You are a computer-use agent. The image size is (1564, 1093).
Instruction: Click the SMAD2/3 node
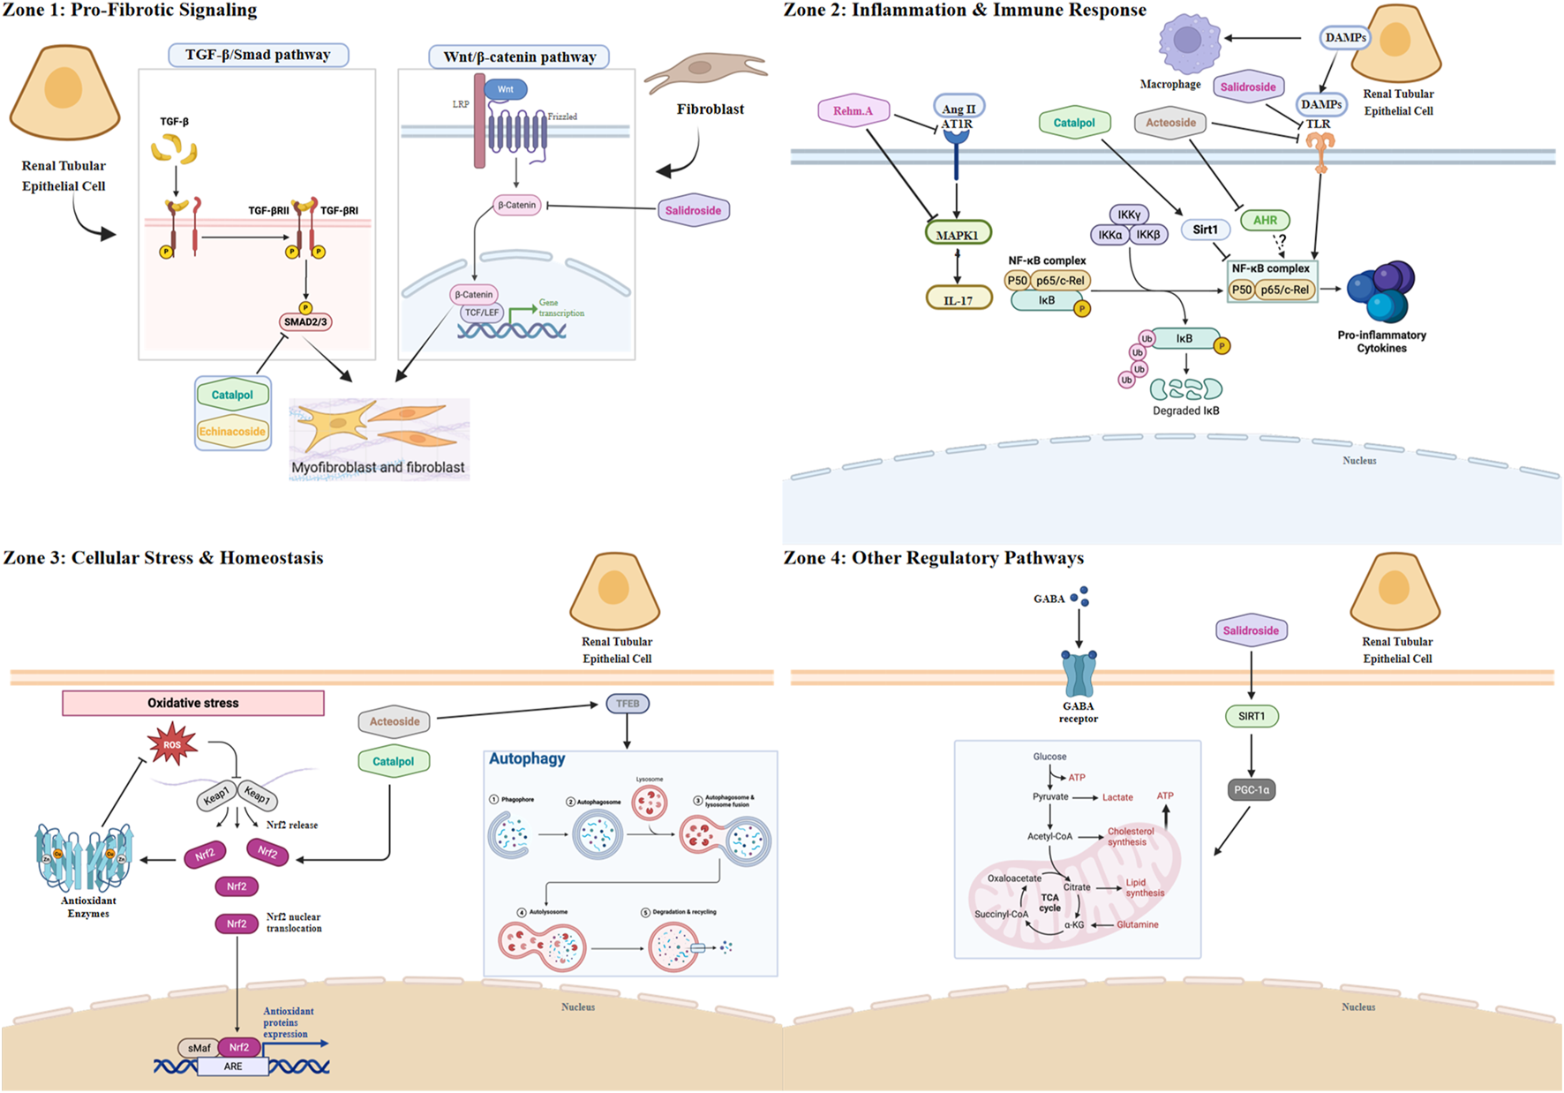tap(305, 322)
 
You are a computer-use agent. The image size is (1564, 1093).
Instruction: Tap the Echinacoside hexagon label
tap(232, 432)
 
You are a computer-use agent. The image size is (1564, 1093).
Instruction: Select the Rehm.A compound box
tap(853, 111)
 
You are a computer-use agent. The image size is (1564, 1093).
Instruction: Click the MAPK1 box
tap(958, 235)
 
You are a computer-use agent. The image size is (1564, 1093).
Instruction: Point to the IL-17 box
tap(959, 300)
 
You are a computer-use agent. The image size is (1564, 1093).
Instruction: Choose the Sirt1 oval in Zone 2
tap(1205, 230)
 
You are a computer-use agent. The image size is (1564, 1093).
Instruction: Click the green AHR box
tap(1265, 221)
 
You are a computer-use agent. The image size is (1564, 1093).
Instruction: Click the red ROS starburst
tap(172, 744)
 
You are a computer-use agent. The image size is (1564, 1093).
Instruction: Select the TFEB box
tap(628, 704)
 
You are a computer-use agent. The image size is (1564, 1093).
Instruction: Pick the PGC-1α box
tap(1251, 790)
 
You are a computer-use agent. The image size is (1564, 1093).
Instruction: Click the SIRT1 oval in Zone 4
tap(1251, 716)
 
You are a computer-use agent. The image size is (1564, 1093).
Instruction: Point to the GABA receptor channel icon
tap(1079, 675)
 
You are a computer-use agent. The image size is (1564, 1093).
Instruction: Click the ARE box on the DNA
tap(233, 1067)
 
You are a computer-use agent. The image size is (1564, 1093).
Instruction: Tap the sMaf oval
tap(199, 1048)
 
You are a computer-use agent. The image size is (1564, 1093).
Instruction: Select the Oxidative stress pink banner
tap(193, 703)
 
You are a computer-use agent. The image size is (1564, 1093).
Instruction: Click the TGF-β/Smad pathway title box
tap(258, 55)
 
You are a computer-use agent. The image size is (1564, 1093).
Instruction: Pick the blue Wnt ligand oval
tap(505, 89)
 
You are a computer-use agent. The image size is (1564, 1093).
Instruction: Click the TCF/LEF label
tap(482, 313)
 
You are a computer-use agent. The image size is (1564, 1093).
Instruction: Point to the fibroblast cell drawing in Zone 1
tap(703, 71)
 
